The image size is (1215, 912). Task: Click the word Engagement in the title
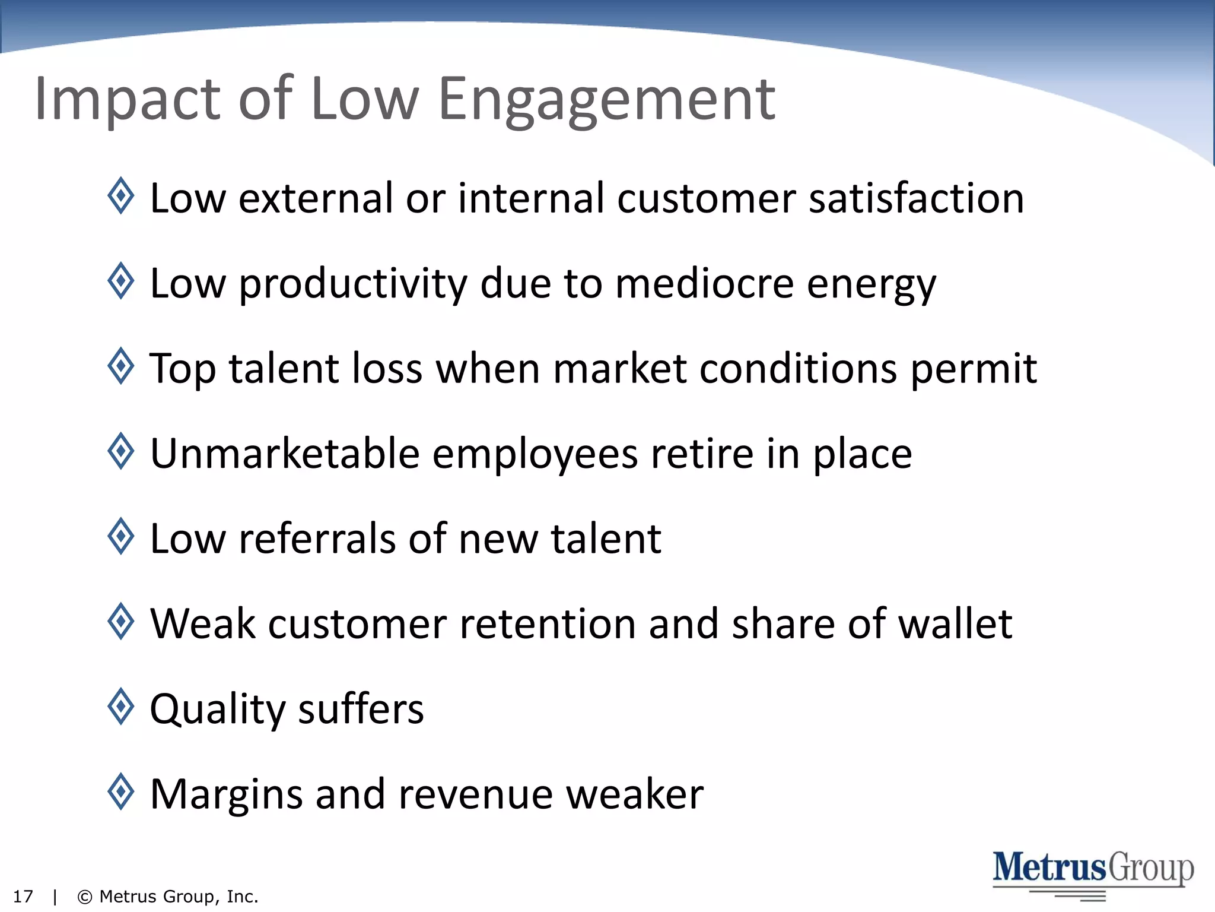pyautogui.click(x=606, y=100)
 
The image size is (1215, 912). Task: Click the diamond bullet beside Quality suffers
pyautogui.click(x=122, y=707)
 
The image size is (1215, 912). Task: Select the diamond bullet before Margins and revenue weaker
pyautogui.click(x=122, y=791)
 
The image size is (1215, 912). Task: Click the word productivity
pyautogui.click(x=353, y=284)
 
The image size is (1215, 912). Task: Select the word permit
pyautogui.click(x=974, y=369)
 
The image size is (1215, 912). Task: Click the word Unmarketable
pyautogui.click(x=285, y=454)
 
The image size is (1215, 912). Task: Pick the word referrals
pyautogui.click(x=317, y=539)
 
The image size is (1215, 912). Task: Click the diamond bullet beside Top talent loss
pyautogui.click(x=122, y=366)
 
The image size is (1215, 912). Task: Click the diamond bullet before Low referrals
pyautogui.click(x=122, y=536)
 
